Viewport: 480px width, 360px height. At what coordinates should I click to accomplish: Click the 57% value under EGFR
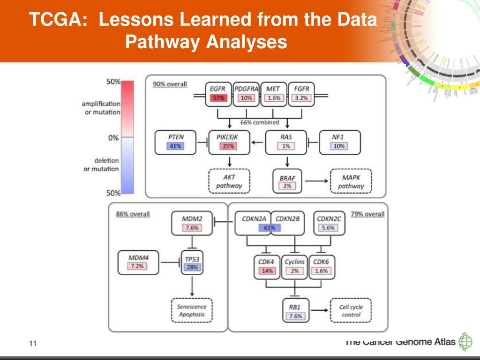218,98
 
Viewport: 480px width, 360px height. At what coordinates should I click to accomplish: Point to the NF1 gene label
338,137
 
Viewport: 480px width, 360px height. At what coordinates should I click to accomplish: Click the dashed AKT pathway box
229,181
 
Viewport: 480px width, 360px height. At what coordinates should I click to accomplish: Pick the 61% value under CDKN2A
269,228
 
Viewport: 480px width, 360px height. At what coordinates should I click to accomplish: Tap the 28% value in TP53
192,267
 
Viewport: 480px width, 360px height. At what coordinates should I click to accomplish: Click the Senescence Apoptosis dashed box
191,310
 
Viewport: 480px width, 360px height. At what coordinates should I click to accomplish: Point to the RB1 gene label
295,307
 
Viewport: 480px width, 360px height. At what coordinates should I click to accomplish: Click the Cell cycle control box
351,310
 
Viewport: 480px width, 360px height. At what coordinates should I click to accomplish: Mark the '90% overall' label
170,84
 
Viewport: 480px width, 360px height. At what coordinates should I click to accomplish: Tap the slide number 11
32,345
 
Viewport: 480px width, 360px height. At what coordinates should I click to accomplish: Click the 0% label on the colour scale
113,138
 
